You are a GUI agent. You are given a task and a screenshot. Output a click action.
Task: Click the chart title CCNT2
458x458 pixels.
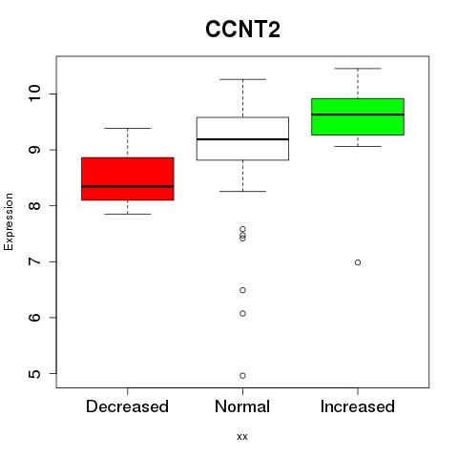(x=242, y=30)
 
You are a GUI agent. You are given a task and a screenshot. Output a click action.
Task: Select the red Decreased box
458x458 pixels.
(x=128, y=178)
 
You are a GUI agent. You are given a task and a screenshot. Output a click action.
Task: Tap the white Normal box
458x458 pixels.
(x=242, y=138)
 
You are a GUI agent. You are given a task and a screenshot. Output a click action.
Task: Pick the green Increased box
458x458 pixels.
(x=358, y=116)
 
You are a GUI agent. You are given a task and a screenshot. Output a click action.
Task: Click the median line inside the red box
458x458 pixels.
(x=128, y=186)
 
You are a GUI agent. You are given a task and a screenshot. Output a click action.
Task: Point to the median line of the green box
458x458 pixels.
(x=358, y=114)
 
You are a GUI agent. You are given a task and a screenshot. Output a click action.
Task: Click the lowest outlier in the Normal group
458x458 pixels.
(x=242, y=376)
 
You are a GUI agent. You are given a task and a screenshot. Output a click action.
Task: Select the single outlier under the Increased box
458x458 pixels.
(x=358, y=262)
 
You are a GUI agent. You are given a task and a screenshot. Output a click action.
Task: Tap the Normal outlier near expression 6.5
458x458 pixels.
(x=242, y=290)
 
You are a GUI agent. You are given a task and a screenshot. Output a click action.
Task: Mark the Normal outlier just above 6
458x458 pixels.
(x=242, y=313)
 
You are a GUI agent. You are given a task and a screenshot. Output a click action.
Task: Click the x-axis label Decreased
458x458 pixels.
(x=127, y=406)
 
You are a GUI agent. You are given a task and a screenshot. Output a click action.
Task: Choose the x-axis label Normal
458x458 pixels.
(x=242, y=406)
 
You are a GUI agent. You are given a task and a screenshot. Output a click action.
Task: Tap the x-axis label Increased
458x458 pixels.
(x=358, y=406)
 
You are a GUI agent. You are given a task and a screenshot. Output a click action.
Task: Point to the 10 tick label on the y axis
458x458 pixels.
(x=34, y=94)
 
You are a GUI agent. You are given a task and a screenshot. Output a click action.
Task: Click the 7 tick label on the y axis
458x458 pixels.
(x=34, y=261)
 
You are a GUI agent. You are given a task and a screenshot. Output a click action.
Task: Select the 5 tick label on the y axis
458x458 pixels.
(x=34, y=373)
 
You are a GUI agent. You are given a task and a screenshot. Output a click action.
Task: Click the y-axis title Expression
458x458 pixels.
(x=9, y=221)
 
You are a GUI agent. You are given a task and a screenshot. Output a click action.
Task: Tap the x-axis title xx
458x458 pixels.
(x=242, y=437)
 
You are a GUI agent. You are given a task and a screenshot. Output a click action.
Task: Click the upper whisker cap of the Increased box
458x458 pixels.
(x=358, y=69)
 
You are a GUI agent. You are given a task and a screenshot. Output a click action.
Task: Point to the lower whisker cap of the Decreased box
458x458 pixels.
(x=128, y=214)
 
